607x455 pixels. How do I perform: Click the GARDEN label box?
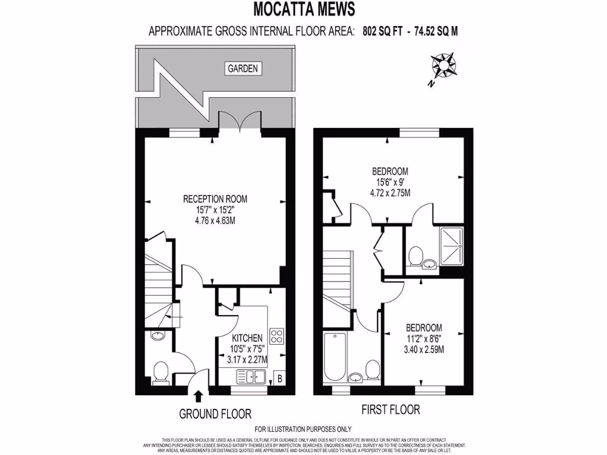coord(243,69)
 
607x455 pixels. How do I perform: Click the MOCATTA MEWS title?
coord(304,9)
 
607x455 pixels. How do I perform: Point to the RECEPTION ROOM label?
coord(215,199)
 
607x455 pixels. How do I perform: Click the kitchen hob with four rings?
coord(277,336)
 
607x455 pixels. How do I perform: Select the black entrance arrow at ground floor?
coord(198,396)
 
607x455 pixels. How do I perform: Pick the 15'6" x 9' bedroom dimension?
coord(390,182)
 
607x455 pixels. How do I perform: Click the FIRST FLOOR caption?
coord(391,409)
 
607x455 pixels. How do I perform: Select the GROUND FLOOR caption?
coord(215,414)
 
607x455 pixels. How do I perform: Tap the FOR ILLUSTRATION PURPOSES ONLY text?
coord(303,429)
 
